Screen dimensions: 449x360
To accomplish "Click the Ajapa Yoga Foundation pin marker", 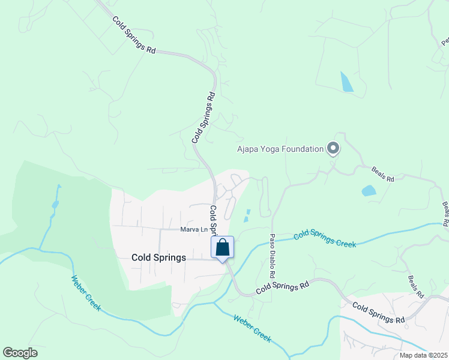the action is pyautogui.click(x=333, y=148).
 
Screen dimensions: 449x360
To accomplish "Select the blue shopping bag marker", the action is pyautogui.click(x=222, y=247).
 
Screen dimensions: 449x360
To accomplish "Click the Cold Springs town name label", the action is pyautogui.click(x=158, y=257).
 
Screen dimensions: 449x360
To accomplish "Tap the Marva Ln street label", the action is pyautogui.click(x=193, y=229).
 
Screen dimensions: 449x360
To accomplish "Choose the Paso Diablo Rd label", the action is pyautogui.click(x=272, y=255).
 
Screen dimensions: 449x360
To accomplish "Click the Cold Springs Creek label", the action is pyautogui.click(x=325, y=238).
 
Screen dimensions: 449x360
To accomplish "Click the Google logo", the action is pyautogui.click(x=20, y=353).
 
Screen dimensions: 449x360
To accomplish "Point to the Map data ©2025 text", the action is pyautogui.click(x=423, y=355).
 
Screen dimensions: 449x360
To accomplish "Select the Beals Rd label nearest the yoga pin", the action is pyautogui.click(x=382, y=175).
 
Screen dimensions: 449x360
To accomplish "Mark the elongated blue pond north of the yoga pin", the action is pyautogui.click(x=346, y=82).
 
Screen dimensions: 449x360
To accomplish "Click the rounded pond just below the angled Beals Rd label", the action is pyautogui.click(x=369, y=191).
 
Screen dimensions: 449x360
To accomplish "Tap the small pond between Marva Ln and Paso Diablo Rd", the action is pyautogui.click(x=246, y=216).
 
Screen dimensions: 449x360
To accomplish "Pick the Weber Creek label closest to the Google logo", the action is pyautogui.click(x=86, y=293).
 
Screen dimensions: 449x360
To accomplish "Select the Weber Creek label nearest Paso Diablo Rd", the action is pyautogui.click(x=252, y=328).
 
